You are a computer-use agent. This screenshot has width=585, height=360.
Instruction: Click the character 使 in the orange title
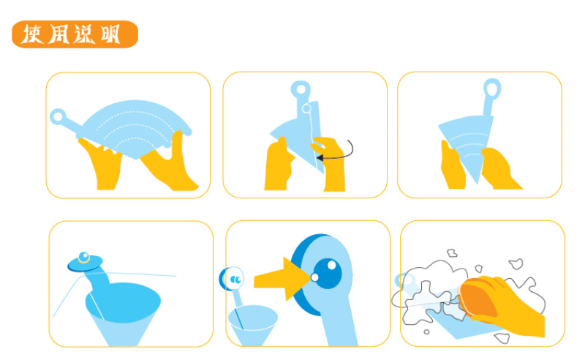coord(31,34)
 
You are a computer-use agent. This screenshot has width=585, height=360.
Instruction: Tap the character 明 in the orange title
coord(110,34)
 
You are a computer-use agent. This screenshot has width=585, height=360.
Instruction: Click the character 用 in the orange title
coord(58,34)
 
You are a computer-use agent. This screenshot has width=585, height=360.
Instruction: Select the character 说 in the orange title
coord(84,34)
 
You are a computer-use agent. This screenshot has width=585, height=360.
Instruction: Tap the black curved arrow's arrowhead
coord(320,158)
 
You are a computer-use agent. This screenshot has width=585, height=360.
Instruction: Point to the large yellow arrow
coord(282,279)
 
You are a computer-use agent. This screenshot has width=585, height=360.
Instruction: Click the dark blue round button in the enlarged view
coord(327,274)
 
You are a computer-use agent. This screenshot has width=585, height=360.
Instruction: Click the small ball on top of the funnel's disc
coord(84,257)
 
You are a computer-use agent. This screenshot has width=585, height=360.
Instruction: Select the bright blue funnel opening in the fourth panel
coord(123,301)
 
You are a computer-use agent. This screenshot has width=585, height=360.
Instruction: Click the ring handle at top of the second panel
coord(301,89)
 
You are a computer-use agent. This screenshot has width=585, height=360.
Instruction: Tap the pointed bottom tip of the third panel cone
coord(478,184)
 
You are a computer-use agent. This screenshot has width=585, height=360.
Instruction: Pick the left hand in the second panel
coord(279,165)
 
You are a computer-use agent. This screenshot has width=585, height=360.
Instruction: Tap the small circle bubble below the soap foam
coord(426,332)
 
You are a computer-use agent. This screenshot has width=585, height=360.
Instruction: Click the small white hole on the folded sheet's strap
coord(306,109)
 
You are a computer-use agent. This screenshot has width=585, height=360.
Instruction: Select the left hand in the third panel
coord(453,165)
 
